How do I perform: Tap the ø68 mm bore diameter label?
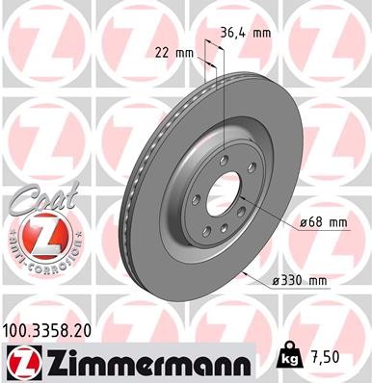coord(323,222)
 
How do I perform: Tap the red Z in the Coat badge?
coord(36,234)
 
